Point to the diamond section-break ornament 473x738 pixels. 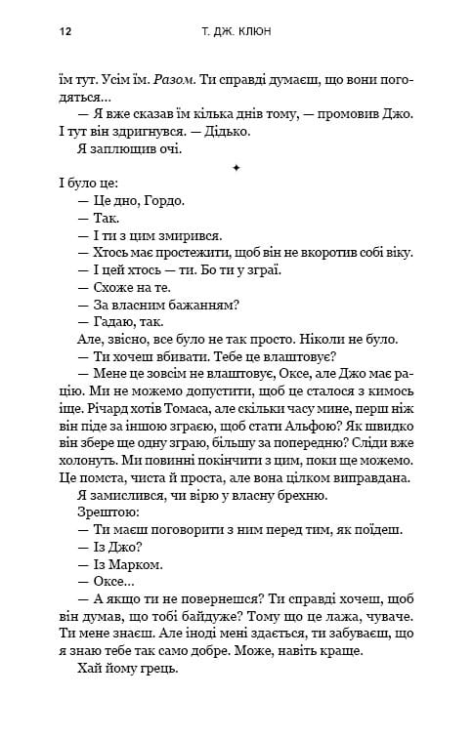[x=236, y=168]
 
